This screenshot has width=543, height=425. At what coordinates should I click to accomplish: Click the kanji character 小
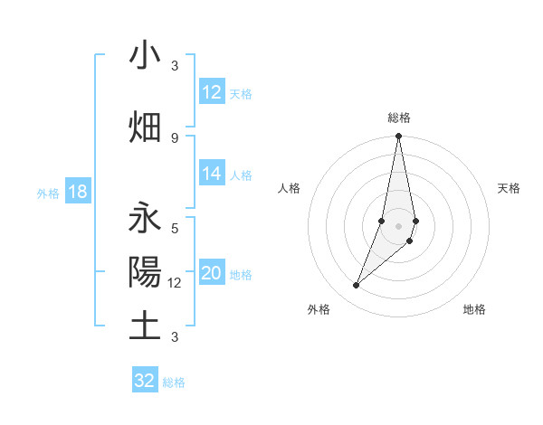[x=145, y=56]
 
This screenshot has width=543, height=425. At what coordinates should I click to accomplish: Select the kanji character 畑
[x=145, y=127]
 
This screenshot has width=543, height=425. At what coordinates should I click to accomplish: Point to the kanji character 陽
[x=145, y=272]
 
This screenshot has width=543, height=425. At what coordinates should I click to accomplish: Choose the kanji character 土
[x=145, y=326]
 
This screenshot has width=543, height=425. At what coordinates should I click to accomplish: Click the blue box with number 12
[x=212, y=93]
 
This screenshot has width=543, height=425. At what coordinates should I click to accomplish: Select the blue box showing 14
[x=212, y=175]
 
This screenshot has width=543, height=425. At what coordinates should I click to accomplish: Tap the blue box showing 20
[x=212, y=274]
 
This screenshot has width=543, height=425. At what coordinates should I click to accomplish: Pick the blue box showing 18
[x=77, y=193]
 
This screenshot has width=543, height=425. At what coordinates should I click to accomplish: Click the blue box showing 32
[x=145, y=381]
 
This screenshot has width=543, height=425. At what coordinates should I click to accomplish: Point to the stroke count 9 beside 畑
[x=175, y=137]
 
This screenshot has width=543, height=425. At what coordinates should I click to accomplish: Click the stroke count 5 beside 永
[x=175, y=228]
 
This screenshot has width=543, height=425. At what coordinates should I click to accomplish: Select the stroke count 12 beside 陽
[x=175, y=282]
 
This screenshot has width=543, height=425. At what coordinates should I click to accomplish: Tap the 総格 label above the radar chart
[x=399, y=118]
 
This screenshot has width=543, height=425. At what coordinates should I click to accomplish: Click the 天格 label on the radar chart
[x=510, y=188]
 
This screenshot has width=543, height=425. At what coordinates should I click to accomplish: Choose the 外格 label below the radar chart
[x=319, y=309]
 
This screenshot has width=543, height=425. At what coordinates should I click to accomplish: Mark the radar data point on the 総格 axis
[x=398, y=137]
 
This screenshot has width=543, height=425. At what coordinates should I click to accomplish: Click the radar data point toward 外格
[x=357, y=285]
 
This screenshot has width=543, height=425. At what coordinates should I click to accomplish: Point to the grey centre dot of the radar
[x=398, y=225]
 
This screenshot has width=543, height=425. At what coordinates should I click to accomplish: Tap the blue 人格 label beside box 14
[x=241, y=175]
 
